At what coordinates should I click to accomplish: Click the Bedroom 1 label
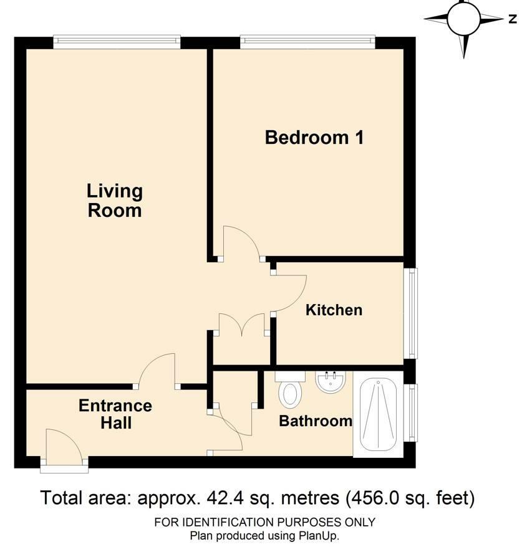[314, 138]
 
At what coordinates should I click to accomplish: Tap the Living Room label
[115, 201]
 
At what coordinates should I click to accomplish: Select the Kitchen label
[334, 310]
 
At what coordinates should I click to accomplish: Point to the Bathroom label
[316, 421]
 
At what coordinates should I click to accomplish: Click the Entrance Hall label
[115, 414]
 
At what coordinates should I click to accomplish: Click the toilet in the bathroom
[290, 389]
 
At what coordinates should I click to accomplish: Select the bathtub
[379, 414]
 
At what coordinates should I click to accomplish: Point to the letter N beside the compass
[512, 19]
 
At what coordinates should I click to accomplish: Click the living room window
[117, 42]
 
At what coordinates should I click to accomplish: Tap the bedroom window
[307, 42]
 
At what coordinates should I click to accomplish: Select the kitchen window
[411, 313]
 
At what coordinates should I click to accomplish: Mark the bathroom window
[411, 412]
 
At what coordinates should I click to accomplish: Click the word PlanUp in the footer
[317, 536]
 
